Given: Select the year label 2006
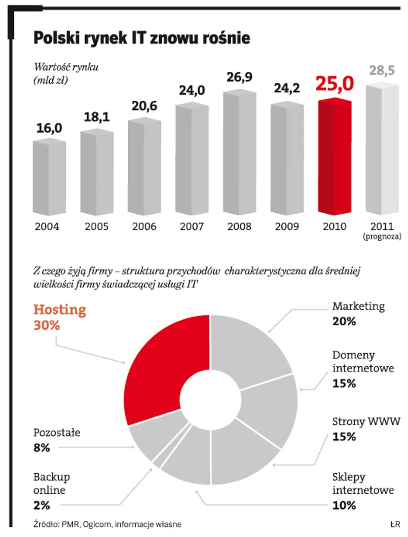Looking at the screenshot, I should tap(144, 226).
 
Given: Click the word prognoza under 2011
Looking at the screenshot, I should tap(381, 237).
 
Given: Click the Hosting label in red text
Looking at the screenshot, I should tap(59, 310).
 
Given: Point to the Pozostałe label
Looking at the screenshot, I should tap(57, 433).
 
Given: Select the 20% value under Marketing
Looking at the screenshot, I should tap(344, 321).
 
